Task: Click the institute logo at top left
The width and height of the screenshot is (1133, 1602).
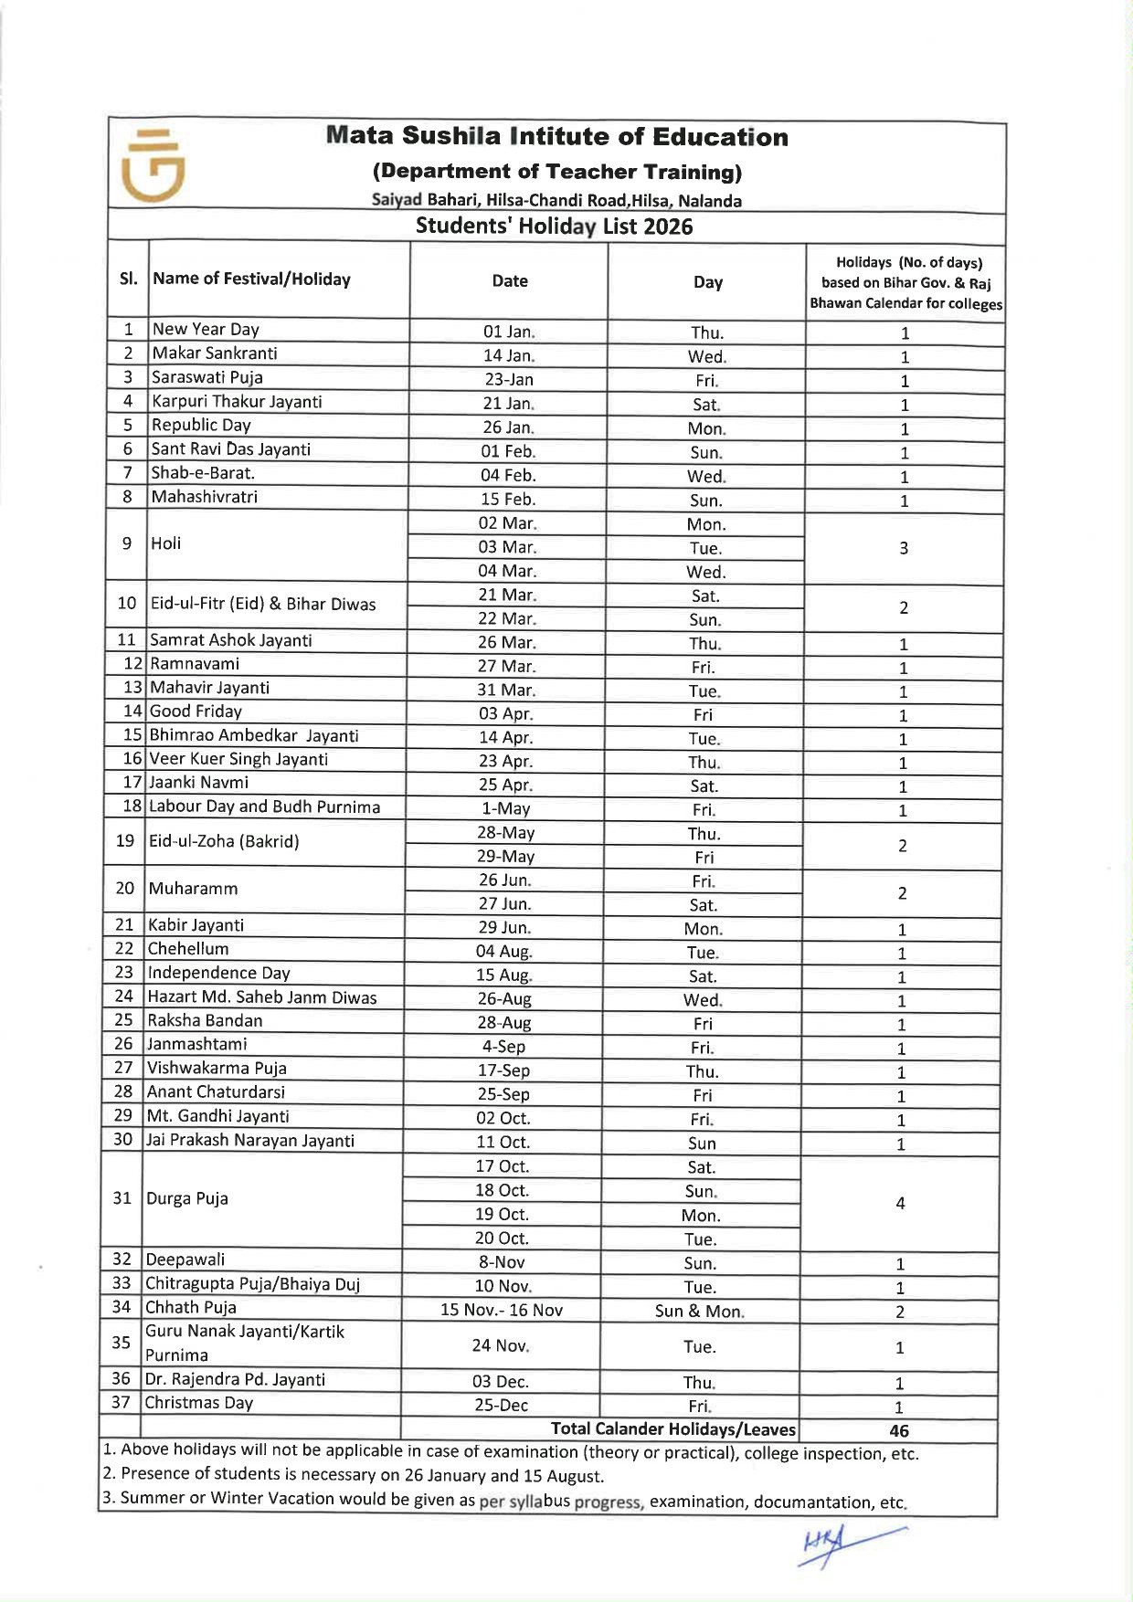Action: (x=153, y=165)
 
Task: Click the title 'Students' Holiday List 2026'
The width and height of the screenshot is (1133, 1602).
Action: (x=554, y=227)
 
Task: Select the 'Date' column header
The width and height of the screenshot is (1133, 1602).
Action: (x=509, y=281)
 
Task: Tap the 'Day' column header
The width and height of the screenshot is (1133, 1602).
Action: (x=707, y=282)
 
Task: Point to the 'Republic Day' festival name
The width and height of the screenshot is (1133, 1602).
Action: (x=201, y=425)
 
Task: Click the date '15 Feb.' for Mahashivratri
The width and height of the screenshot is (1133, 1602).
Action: (x=508, y=500)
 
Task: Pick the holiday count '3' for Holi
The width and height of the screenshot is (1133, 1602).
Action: (x=904, y=548)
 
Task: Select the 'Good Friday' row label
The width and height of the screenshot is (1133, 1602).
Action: (x=196, y=711)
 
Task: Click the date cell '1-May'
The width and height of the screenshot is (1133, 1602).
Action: (x=505, y=809)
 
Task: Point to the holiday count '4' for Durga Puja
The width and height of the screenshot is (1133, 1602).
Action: (x=900, y=1204)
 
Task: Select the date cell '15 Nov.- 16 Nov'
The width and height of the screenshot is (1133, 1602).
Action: (x=502, y=1311)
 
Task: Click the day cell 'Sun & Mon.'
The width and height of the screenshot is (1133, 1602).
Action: (x=700, y=1312)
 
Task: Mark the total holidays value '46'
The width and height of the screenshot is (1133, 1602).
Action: (x=899, y=1431)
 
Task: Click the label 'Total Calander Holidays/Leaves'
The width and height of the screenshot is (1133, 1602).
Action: (x=673, y=1429)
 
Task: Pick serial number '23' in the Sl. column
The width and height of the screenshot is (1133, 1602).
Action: (x=124, y=973)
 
